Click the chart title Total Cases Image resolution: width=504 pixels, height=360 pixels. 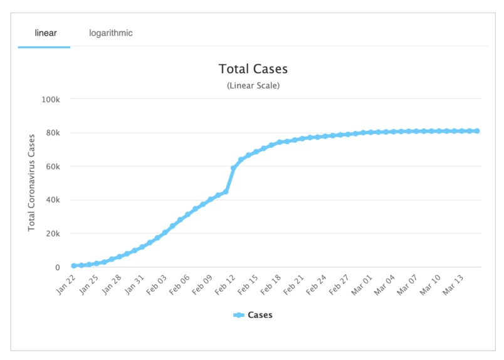click(253, 69)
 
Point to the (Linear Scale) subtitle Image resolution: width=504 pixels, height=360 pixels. click(253, 85)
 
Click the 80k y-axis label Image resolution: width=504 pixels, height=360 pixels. click(52, 133)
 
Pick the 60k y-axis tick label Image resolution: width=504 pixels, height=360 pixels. click(52, 167)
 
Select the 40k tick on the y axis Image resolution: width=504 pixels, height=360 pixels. click(52, 200)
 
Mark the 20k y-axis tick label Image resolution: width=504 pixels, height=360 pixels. click(52, 234)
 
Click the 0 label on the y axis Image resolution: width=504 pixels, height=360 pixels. click(56, 268)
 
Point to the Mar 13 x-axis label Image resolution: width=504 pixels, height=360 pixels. click(454, 285)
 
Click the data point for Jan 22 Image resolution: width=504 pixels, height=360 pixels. click(74, 266)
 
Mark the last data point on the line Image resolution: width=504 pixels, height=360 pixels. click(477, 131)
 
